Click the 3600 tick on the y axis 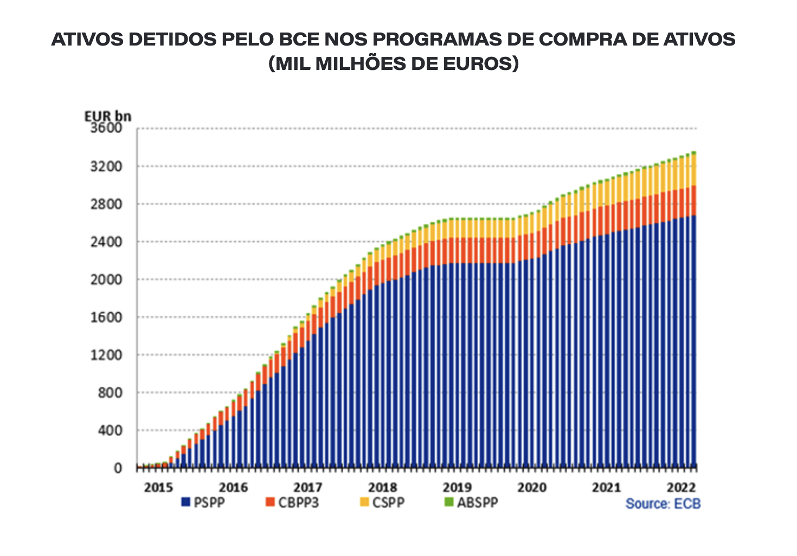pos(107,128)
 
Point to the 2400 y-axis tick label pos(107,242)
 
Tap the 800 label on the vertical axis pos(111,392)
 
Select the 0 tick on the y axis pos(118,468)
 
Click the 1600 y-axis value pos(107,317)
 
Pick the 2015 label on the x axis pos(158,487)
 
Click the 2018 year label pos(382,487)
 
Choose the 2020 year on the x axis pos(532,487)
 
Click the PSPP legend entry pos(209,502)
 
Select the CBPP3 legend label pos(298,502)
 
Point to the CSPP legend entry pos(388,502)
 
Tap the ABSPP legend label pos(477,502)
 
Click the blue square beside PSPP pos(185,502)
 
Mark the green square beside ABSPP pos(448,502)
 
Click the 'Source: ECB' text pos(663,504)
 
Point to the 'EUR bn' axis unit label pos(107,116)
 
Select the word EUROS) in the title pos(480,64)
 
